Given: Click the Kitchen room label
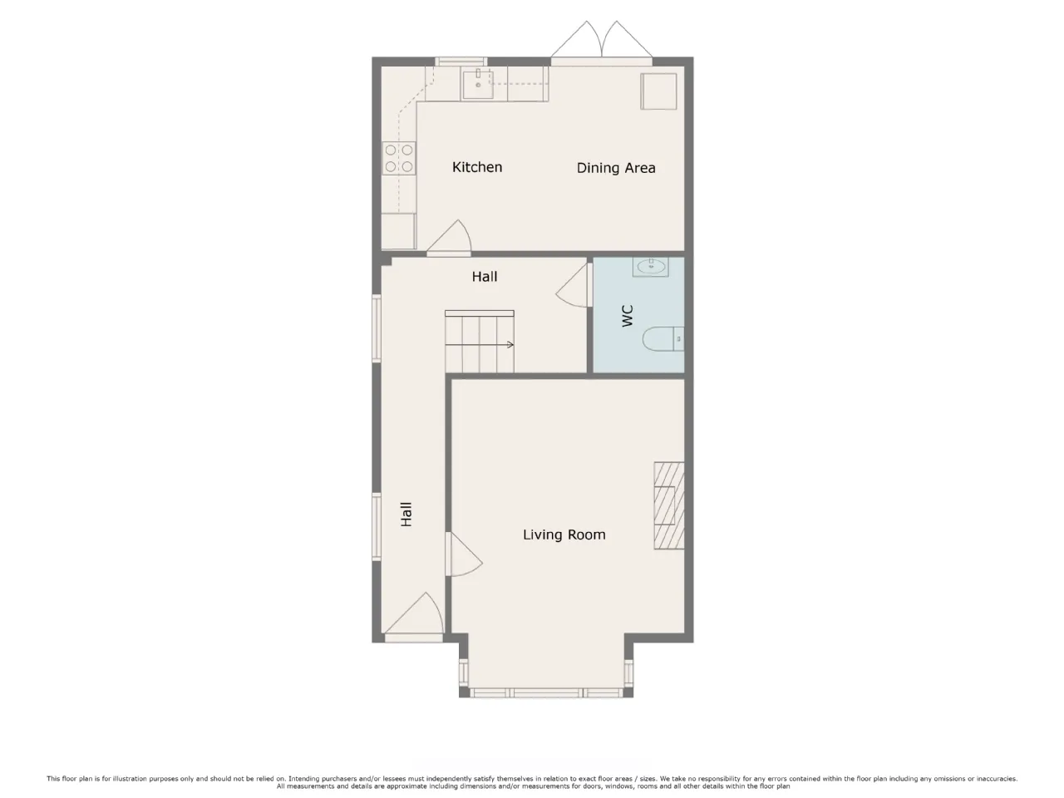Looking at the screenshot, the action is pos(476,167).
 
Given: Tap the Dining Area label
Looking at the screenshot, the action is pos(616,168).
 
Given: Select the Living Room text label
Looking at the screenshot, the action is pos(564,534).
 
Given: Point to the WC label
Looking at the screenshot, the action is pos(628,315).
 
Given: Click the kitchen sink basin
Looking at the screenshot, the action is pos(477,84).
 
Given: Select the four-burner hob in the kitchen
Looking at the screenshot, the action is pos(399,158).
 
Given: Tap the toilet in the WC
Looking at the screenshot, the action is pos(663,338).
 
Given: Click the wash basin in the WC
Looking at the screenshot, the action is pos(651,267).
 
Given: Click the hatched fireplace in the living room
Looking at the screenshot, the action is pos(669,505).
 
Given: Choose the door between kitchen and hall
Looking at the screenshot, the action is pos(449,238).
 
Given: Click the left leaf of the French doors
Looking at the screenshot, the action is pos(577,40).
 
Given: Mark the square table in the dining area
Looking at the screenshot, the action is pos(658,91).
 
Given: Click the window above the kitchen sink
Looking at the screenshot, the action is pos(461,61).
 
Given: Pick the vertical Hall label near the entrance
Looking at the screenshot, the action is pos(406,514).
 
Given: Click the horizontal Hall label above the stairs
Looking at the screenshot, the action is pos(485,276).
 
